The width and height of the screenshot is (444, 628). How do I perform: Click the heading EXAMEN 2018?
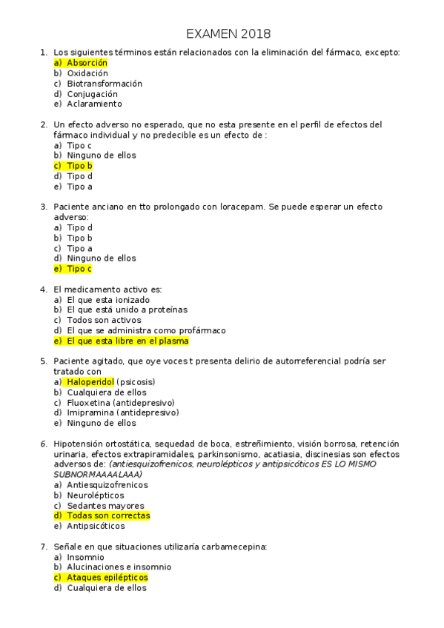click(228, 34)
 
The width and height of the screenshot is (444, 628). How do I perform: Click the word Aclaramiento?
click(94, 104)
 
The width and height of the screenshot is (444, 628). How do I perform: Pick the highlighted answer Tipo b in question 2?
click(79, 166)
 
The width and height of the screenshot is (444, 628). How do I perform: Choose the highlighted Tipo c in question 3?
click(79, 269)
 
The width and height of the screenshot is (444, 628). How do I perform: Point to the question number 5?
click(43, 361)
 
